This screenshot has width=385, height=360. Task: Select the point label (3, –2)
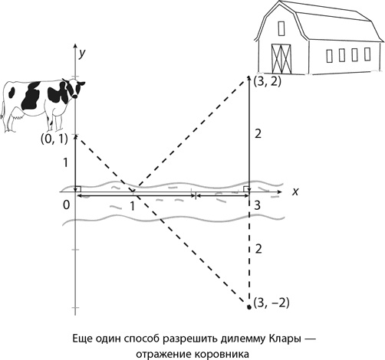(x=271, y=303)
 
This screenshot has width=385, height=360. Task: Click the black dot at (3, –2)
(x=249, y=307)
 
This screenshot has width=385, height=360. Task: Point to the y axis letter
(x=82, y=53)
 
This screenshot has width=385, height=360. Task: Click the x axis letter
(x=295, y=191)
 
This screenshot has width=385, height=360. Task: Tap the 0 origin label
(x=66, y=205)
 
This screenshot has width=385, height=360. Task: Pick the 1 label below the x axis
(x=132, y=206)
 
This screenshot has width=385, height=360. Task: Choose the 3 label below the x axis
(x=257, y=205)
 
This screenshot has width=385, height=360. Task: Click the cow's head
(x=74, y=88)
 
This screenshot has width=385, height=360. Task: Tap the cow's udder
(x=17, y=114)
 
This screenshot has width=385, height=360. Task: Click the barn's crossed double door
(x=281, y=59)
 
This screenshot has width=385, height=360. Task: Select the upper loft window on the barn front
(x=281, y=28)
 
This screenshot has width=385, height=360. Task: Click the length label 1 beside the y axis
(x=66, y=162)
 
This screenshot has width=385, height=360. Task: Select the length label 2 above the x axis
(x=258, y=133)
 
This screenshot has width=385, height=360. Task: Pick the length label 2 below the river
(x=258, y=249)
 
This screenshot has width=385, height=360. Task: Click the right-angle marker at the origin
(x=78, y=189)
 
